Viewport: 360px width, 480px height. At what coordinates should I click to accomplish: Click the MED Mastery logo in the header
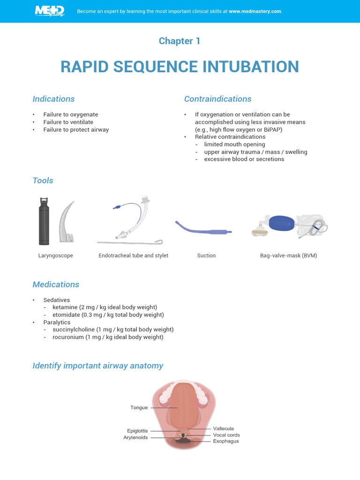pyautogui.click(x=49, y=11)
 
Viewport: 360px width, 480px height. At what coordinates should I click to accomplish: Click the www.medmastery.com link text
pyautogui.click(x=255, y=11)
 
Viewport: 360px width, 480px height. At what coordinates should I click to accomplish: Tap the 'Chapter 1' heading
pyautogui.click(x=180, y=41)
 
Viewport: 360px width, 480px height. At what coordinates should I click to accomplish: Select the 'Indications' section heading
pyautogui.click(x=53, y=99)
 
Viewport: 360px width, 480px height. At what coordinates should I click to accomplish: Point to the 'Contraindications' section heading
pyautogui.click(x=217, y=99)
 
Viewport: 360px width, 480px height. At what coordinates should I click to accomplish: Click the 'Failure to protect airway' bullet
pyautogui.click(x=76, y=129)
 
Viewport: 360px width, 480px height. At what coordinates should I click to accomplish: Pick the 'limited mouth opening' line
pyautogui.click(x=234, y=144)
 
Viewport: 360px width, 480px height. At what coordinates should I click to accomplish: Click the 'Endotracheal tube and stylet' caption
pyautogui.click(x=133, y=255)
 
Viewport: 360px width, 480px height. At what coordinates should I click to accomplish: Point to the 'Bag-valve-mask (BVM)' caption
pyautogui.click(x=288, y=255)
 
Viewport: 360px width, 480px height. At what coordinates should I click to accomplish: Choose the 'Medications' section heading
pyautogui.click(x=56, y=285)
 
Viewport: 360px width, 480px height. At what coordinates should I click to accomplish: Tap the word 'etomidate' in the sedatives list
pyautogui.click(x=66, y=315)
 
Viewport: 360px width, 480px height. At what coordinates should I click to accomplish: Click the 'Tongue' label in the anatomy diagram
pyautogui.click(x=139, y=408)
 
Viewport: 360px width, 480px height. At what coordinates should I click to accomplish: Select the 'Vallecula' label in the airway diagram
pyautogui.click(x=223, y=428)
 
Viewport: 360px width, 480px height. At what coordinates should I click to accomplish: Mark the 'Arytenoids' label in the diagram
pyautogui.click(x=135, y=437)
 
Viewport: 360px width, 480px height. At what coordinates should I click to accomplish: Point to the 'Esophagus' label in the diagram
pyautogui.click(x=225, y=441)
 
